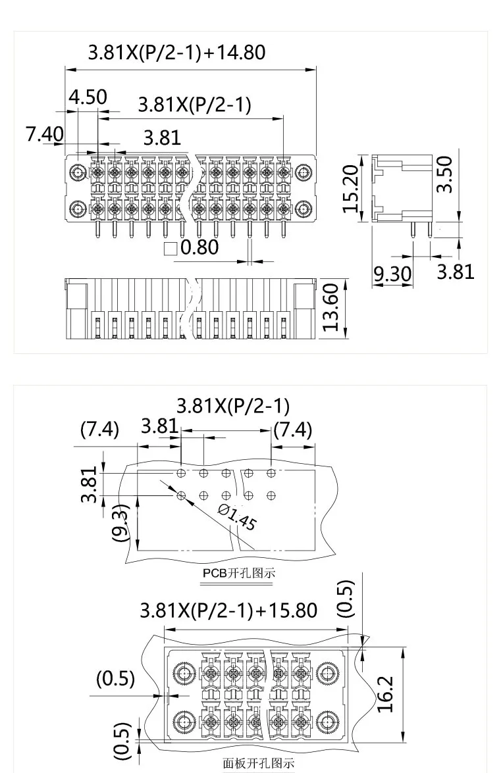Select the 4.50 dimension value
[x=88, y=97]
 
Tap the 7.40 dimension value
[x=45, y=134]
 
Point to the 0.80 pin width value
[x=199, y=248]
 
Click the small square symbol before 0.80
[x=171, y=249]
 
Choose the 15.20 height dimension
[x=351, y=188]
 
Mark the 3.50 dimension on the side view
[x=446, y=174]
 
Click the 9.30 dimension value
[x=392, y=273]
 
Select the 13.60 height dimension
[x=332, y=307]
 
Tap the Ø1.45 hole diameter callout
[x=236, y=518]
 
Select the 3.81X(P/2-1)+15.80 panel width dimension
[x=228, y=611]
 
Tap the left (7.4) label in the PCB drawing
[x=99, y=430]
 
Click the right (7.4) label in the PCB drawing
[x=292, y=430]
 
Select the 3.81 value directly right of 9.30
[x=456, y=271]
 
